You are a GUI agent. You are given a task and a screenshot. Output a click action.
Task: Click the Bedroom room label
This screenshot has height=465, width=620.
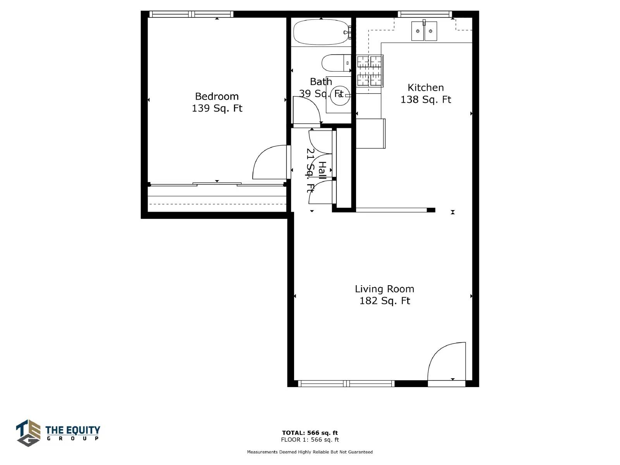[x=217, y=96]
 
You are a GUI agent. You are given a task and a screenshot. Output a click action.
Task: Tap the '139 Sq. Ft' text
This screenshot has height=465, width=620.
[x=217, y=108]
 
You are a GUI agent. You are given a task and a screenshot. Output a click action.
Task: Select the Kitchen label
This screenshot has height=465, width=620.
[x=425, y=88]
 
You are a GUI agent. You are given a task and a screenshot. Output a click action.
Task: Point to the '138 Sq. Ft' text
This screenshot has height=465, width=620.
[x=425, y=100]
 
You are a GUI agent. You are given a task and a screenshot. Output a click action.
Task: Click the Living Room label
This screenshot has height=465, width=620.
[x=384, y=289]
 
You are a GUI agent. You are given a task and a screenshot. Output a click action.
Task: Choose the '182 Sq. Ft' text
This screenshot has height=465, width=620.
[x=384, y=301]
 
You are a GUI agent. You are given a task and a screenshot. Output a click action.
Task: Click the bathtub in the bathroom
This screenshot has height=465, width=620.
[x=322, y=32]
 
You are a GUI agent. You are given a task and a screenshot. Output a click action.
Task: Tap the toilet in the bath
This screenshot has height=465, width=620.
[x=336, y=63]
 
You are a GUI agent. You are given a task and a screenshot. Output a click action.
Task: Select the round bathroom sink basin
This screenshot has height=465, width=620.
[x=340, y=96]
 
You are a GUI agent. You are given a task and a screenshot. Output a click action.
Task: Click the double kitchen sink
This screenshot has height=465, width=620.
[x=424, y=31]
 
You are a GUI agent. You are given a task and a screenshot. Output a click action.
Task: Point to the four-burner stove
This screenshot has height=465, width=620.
[x=369, y=71]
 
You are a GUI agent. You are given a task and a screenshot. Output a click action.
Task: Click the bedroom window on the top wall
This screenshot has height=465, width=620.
[x=191, y=14]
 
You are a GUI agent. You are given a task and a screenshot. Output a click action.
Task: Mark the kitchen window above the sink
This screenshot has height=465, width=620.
[x=425, y=14]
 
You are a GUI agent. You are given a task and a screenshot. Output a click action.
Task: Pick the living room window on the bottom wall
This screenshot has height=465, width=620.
[x=346, y=383]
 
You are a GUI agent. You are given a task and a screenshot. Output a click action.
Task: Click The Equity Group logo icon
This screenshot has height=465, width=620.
[x=28, y=433]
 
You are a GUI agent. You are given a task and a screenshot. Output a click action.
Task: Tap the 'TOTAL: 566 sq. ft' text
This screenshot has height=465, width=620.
[x=310, y=433]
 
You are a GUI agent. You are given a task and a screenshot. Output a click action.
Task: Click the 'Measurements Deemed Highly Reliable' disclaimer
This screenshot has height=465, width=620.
[x=310, y=452]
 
